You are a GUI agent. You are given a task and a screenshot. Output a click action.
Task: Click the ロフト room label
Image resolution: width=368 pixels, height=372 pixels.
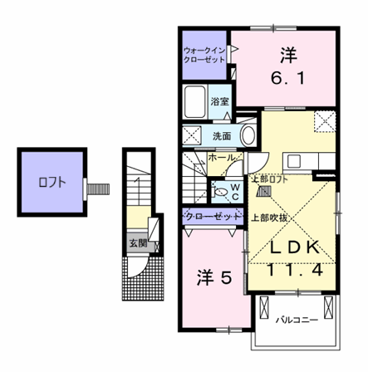pyautogui.click(x=52, y=183)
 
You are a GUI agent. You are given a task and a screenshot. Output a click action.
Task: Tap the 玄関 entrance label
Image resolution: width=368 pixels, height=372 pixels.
pyautogui.click(x=138, y=243)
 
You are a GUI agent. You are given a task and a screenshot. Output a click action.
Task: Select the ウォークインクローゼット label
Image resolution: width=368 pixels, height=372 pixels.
pyautogui.click(x=204, y=55)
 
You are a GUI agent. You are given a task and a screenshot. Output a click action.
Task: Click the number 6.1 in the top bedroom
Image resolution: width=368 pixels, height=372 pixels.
pyautogui.click(x=288, y=78)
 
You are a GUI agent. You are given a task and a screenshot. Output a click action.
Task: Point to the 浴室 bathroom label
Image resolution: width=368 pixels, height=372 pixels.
pyautogui.click(x=219, y=101)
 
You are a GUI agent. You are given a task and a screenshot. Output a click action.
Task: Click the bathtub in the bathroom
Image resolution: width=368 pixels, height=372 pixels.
pyautogui.click(x=195, y=101)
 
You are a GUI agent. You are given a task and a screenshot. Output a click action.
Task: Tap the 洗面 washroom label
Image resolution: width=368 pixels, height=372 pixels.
pyautogui.click(x=222, y=136)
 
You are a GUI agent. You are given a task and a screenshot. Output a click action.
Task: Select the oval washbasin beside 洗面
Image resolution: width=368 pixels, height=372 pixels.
pyautogui.click(x=248, y=135)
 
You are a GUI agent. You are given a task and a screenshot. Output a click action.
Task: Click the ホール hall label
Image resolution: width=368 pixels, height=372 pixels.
pyautogui.click(x=222, y=158)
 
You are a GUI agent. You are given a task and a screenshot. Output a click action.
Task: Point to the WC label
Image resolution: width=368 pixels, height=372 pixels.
pyautogui.click(x=235, y=192)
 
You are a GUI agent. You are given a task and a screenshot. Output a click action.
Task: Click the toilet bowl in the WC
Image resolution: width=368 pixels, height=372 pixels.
pyautogui.click(x=219, y=192)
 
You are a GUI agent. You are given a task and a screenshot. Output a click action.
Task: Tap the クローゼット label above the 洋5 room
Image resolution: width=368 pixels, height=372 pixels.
pyautogui.click(x=213, y=216)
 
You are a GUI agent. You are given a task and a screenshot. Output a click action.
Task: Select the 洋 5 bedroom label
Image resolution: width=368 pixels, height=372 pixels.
pyautogui.click(x=214, y=277)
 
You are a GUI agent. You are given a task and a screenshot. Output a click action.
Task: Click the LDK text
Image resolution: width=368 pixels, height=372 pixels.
pyautogui.click(x=295, y=247)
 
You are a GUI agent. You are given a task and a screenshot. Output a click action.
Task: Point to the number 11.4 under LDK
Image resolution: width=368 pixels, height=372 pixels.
pyautogui.click(x=295, y=269)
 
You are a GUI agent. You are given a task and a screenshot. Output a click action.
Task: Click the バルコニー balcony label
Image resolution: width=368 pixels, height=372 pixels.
pyautogui.click(x=297, y=321)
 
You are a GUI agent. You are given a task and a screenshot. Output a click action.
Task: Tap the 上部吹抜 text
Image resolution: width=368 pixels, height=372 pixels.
pyautogui.click(x=268, y=218)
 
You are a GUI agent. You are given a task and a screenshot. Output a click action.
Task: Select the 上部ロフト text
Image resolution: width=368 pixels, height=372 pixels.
pyautogui.click(x=270, y=179)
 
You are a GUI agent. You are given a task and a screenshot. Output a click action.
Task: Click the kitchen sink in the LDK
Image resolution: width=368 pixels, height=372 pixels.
pyautogui.click(x=294, y=161)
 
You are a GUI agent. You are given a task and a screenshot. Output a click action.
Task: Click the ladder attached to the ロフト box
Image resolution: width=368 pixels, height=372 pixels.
pyautogui.click(x=98, y=188)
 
